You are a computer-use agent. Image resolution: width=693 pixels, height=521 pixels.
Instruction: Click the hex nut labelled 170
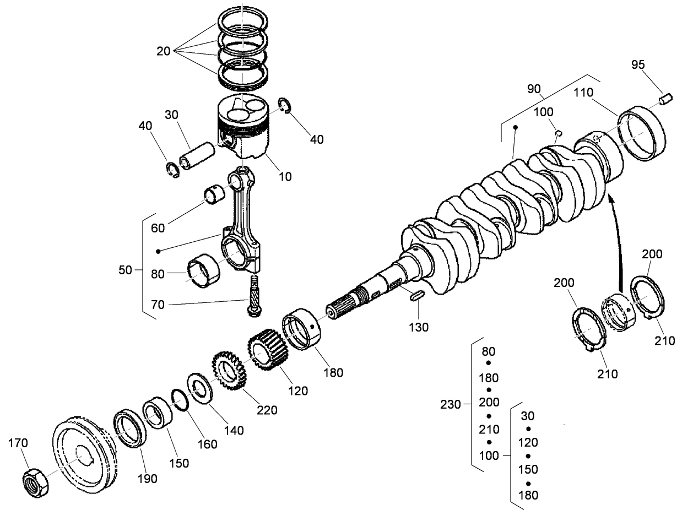click(36, 483)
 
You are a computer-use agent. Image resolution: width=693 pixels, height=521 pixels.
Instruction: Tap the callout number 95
click(637, 64)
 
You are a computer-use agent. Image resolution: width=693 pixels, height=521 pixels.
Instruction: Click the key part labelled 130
click(416, 295)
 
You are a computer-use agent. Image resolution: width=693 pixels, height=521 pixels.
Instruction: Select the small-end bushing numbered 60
click(215, 194)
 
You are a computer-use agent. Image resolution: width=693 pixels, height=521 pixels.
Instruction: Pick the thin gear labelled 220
click(229, 370)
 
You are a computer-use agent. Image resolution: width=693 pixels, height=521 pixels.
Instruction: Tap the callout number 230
click(451, 404)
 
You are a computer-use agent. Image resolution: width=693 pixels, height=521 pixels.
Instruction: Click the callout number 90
click(534, 89)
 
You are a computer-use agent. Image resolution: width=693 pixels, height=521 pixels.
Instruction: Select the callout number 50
click(126, 270)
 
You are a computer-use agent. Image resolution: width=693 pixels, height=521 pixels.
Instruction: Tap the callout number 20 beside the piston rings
click(164, 51)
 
